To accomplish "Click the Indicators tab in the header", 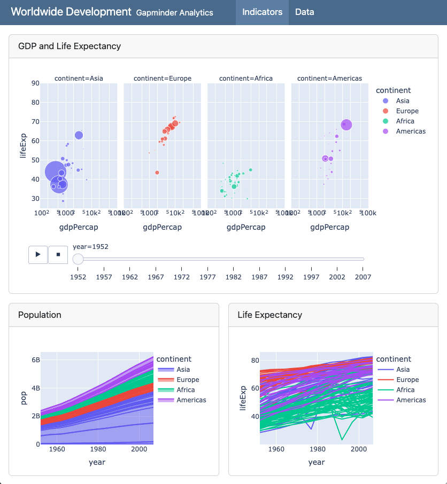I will click(262, 12).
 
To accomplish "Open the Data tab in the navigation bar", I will click(304, 12).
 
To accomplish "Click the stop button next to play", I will click(58, 255).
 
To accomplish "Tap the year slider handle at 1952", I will click(78, 259).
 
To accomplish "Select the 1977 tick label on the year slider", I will click(207, 277).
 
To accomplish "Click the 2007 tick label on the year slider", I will click(363, 277).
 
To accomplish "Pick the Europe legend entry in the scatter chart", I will click(407, 111).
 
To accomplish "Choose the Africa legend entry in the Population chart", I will click(186, 390).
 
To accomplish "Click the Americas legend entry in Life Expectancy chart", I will click(411, 400).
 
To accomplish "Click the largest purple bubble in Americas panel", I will click(346, 124).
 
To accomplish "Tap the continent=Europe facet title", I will click(163, 78).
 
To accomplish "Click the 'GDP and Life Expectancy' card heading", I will click(70, 46).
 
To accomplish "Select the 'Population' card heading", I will click(40, 315).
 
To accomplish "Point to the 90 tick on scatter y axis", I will click(35, 83).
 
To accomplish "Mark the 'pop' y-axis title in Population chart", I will click(24, 398).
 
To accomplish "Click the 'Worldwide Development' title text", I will click(71, 12).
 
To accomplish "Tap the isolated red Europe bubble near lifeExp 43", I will click(157, 173).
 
